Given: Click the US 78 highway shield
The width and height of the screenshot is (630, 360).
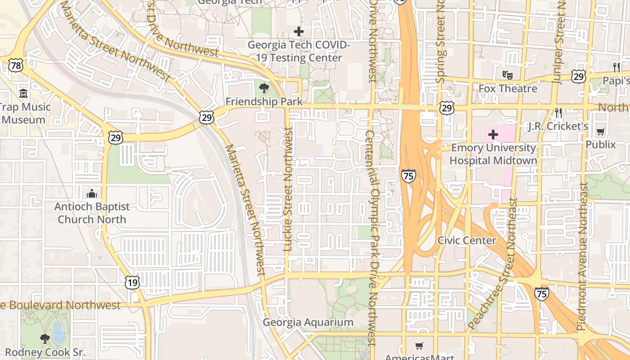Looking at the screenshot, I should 15,66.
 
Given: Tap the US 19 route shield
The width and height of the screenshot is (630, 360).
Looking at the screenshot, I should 132,283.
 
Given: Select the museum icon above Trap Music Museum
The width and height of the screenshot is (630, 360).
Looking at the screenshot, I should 23,94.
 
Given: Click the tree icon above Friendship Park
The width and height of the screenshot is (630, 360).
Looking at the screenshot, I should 264,88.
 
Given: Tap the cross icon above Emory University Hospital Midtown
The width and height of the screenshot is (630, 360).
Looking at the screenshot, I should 493,134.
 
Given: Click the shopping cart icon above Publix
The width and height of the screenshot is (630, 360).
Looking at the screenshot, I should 600,131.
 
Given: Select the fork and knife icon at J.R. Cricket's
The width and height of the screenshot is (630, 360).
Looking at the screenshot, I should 558,112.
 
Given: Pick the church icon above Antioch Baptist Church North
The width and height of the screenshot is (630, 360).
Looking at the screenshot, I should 92,193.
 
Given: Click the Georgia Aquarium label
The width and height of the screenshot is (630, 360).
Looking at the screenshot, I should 308,322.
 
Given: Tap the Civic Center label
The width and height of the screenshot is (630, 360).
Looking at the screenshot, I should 467,240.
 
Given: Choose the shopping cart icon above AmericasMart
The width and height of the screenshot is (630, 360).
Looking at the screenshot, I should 419,346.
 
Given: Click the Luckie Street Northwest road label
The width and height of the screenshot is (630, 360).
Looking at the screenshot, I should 288,189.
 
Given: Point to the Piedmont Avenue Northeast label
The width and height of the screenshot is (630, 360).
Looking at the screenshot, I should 582,256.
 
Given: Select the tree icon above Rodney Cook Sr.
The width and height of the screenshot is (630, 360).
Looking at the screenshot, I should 45,338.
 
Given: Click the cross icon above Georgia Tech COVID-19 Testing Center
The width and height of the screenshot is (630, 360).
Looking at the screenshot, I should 298,31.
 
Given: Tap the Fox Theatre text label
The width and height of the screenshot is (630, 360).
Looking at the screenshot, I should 508,88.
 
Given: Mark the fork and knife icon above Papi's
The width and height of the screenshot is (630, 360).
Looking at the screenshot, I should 616,67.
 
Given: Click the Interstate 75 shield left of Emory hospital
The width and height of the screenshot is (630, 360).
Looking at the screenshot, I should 408,176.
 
